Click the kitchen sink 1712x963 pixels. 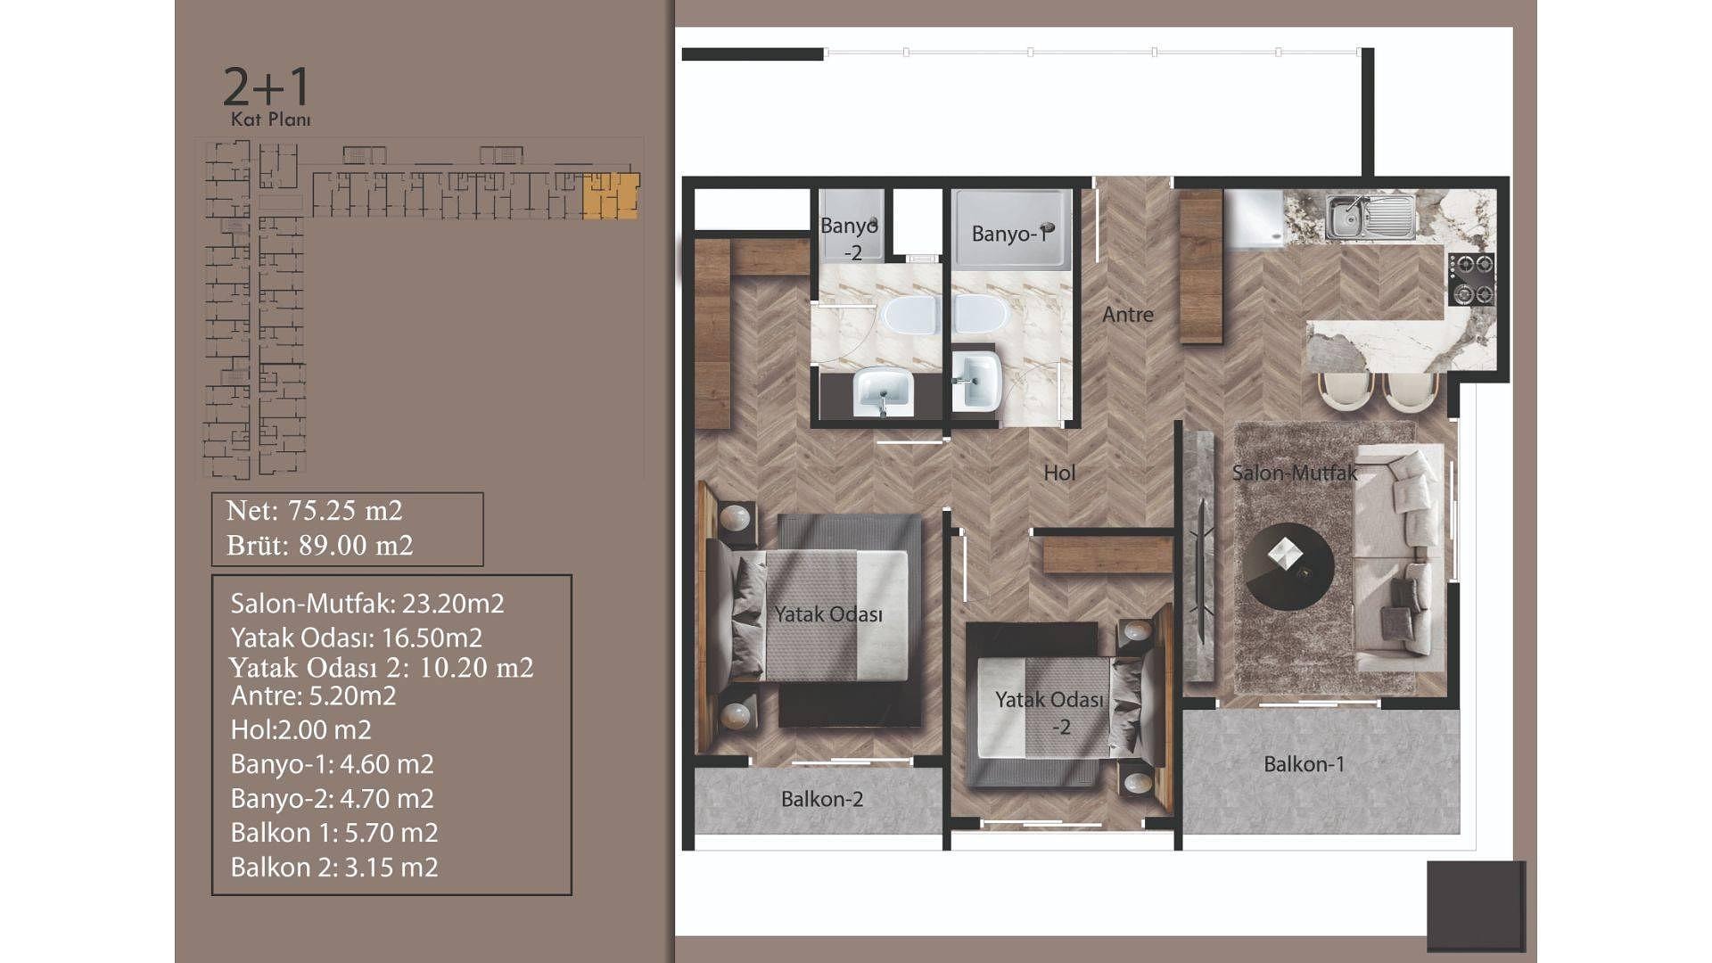coord(1369,217)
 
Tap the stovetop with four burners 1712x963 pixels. coord(1470,280)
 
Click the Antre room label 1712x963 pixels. coord(1128,314)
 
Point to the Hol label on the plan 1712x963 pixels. coord(1059,473)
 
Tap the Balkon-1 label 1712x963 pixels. coord(1304,764)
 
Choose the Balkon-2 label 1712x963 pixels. coord(822,799)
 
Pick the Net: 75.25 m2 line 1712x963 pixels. coord(315,510)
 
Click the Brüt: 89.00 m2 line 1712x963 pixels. coord(320,545)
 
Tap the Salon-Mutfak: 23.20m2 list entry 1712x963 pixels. coord(367,604)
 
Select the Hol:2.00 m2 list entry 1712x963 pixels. coord(300,729)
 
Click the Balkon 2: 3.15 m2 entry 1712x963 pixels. coord(334,867)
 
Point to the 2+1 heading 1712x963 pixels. coord(266,86)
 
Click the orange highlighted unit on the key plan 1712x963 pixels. coord(611,196)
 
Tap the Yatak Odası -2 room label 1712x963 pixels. coord(1049,713)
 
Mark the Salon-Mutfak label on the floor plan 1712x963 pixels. coord(1295,473)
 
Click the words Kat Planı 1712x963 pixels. coord(271,119)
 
